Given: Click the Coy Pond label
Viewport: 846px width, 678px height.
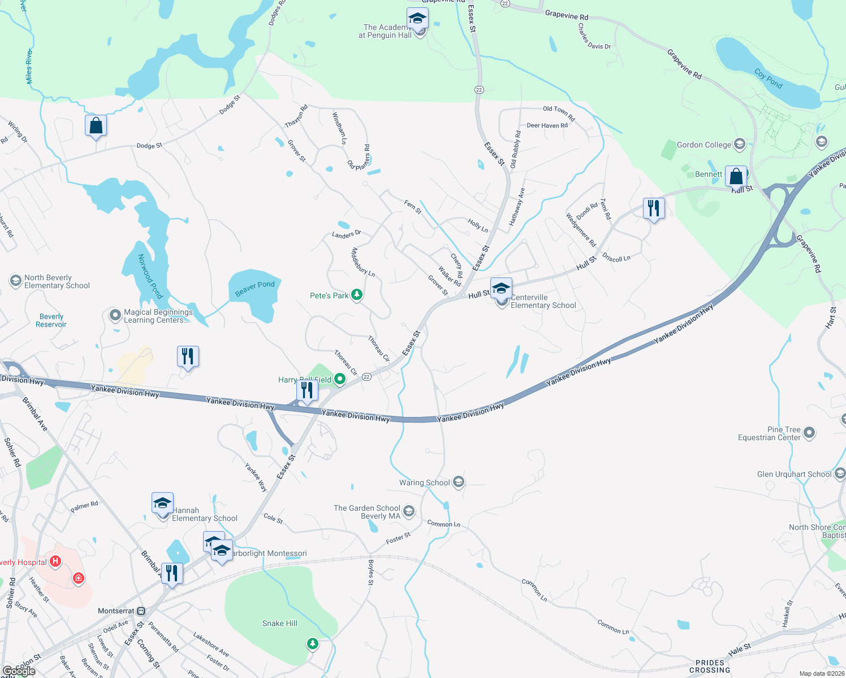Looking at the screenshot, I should pyautogui.click(x=769, y=79).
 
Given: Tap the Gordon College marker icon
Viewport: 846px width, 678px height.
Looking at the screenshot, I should pyautogui.click(x=739, y=145).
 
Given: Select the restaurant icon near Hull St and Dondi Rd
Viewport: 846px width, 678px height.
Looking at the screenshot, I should pyautogui.click(x=654, y=208).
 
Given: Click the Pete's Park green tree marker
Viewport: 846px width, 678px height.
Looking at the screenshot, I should pyautogui.click(x=357, y=295).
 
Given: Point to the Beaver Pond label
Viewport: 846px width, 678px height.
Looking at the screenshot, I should pyautogui.click(x=255, y=289).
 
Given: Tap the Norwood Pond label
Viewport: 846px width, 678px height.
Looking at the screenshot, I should pyautogui.click(x=150, y=276).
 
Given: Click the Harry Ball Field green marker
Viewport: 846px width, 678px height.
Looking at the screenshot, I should pyautogui.click(x=340, y=379).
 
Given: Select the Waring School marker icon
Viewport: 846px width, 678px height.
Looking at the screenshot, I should pyautogui.click(x=459, y=482).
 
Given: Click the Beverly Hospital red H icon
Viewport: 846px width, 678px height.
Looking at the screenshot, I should pyautogui.click(x=55, y=562).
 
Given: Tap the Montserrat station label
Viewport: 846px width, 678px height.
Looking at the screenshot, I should pyautogui.click(x=116, y=611).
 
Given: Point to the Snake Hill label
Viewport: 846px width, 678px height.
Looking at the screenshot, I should pyautogui.click(x=280, y=623).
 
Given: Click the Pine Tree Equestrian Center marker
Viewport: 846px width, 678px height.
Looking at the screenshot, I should pyautogui.click(x=809, y=433).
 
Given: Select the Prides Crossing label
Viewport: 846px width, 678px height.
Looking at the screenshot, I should pyautogui.click(x=710, y=667).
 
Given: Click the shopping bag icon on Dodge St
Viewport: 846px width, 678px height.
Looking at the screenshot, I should pyautogui.click(x=96, y=125).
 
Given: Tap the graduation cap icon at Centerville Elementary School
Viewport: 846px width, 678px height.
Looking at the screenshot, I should pyautogui.click(x=501, y=289).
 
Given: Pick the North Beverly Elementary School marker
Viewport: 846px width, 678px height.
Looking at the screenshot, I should pyautogui.click(x=16, y=281).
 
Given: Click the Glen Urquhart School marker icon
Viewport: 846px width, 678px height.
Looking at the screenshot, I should pyautogui.click(x=839, y=474).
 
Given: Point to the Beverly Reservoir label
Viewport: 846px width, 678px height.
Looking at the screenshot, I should pyautogui.click(x=51, y=320).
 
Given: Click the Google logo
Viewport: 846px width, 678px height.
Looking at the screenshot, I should pyautogui.click(x=19, y=671).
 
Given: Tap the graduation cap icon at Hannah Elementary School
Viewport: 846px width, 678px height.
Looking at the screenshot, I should pyautogui.click(x=162, y=503).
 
